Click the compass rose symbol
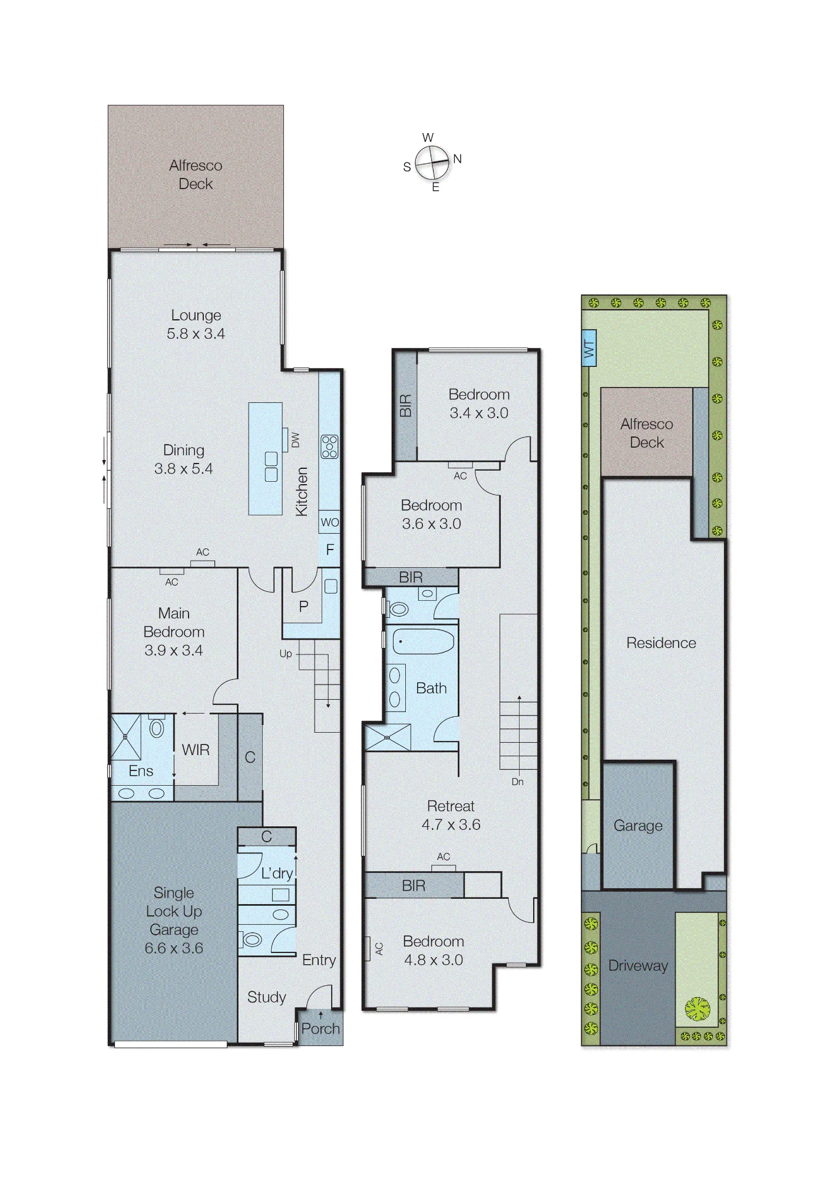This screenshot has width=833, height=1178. coord(432,162)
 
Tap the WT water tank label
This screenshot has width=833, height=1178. coord(589,350)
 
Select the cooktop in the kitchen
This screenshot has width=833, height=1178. coord(329,446)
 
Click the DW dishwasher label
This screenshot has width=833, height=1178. coord(295,440)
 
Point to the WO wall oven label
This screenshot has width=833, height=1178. coord(329,522)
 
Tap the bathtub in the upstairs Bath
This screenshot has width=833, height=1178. coord(424,640)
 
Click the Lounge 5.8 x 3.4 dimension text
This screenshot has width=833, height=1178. coord(196,333)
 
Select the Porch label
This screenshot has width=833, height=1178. coord(320,1028)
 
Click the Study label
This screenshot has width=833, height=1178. coord(266,997)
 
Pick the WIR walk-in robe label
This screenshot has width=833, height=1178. coord(196,750)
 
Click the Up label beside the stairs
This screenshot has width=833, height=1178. coord(286,654)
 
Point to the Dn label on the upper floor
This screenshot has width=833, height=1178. coord(517,782)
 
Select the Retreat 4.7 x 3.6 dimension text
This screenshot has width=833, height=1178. coord(451,825)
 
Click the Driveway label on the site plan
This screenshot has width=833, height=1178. coord(638,966)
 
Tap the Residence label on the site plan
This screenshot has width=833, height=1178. coord(661,643)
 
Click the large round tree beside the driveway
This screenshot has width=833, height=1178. coord(698,1009)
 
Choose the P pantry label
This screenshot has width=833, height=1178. coord(303,607)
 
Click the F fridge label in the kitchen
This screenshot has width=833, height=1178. coord(330,550)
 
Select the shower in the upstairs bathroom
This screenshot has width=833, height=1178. coord(387,737)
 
